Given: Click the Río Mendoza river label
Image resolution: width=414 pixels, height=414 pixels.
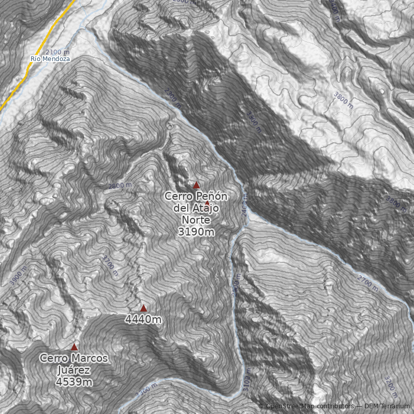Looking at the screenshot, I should point(50,59).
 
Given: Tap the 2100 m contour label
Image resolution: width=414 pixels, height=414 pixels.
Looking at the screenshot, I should point(57,52).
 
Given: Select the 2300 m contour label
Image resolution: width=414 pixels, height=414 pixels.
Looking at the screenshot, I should point(173,98).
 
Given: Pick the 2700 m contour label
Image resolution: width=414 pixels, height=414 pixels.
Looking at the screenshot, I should point(368,282).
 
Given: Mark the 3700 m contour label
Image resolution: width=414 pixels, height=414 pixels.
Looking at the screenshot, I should point(111,265).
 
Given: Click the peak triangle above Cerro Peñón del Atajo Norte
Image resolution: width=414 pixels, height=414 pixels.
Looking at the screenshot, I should point(197,185).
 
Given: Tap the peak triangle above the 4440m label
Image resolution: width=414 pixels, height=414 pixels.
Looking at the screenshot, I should point(143,308).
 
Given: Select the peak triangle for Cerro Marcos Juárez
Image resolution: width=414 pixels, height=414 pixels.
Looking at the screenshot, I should point(74,347).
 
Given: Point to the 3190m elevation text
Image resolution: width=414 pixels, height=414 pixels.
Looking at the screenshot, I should point(196,232).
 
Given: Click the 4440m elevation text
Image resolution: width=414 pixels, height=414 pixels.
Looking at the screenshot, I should point(143,320).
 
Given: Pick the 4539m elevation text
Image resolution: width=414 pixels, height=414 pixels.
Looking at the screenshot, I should point(74,382).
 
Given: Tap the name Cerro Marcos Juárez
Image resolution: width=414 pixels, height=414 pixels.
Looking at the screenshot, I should point(74,364).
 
